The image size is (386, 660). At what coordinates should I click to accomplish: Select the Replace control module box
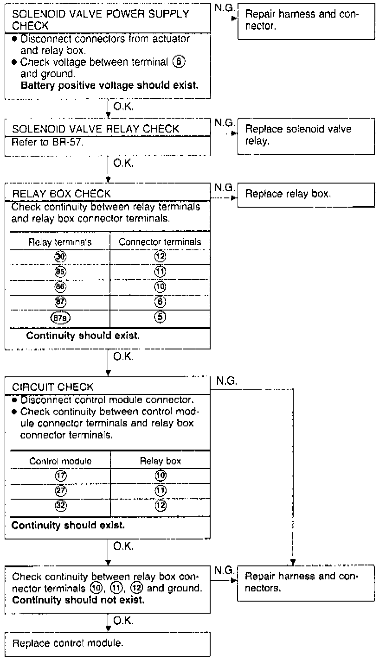point(107,643)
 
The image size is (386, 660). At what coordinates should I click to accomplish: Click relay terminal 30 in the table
point(60,256)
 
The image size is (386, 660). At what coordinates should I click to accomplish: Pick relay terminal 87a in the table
point(60,317)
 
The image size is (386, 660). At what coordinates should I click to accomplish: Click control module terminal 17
point(60,475)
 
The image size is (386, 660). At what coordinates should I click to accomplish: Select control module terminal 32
point(60,505)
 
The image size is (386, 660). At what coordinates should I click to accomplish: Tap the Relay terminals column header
point(60,241)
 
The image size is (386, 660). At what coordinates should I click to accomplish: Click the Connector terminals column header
point(160,241)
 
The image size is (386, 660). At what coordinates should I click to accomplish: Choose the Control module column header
point(60,461)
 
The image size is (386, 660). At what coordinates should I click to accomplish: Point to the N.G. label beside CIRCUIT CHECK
point(226,381)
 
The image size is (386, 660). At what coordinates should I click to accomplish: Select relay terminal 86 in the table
point(60,287)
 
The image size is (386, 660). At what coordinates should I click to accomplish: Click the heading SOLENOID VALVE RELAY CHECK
point(95,128)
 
